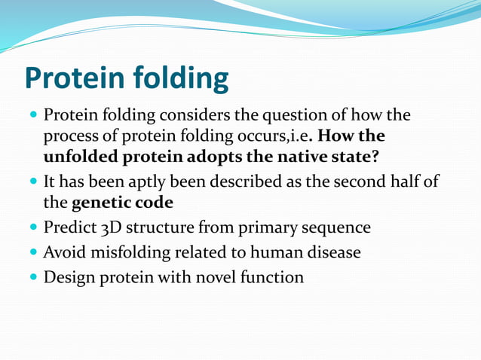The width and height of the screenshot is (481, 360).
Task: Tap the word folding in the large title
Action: pos(181,79)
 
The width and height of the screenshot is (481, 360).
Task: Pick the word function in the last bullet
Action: pos(271,277)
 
